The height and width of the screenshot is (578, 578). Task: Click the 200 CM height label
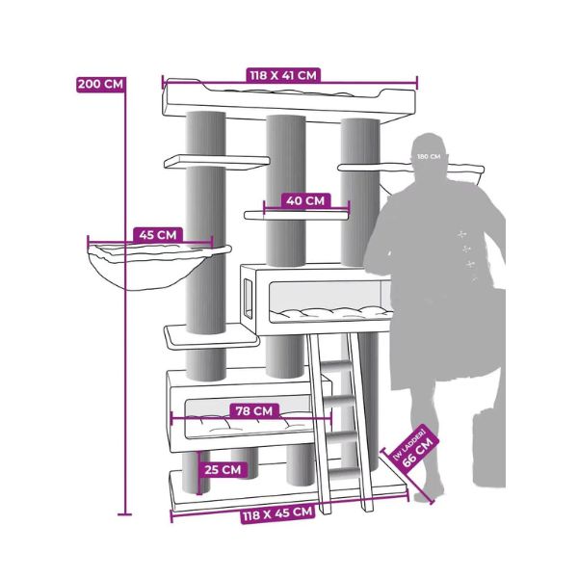point(100,85)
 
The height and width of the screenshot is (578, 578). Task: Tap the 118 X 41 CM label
point(283,75)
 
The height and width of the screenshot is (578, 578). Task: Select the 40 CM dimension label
point(305,201)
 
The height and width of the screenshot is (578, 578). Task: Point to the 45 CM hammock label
point(158,235)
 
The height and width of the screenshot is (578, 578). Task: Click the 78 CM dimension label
point(254,410)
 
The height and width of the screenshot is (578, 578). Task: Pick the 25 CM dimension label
point(223,470)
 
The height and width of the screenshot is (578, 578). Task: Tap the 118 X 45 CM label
point(278,513)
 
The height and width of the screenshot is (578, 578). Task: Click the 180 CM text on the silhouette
point(429,157)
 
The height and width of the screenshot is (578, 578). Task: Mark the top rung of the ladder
point(336,366)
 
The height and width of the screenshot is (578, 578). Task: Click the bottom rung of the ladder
point(344,472)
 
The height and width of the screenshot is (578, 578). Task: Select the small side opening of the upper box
point(249,299)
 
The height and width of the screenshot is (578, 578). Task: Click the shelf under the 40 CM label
point(297,215)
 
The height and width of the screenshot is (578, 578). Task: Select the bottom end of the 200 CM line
point(124,513)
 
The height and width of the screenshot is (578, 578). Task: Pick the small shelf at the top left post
point(217,162)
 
